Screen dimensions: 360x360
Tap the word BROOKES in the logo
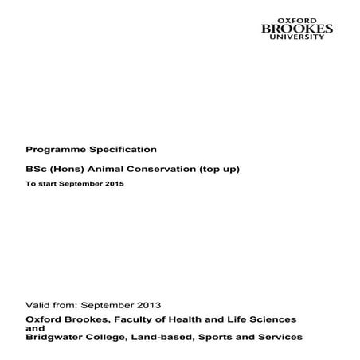tap(298, 30)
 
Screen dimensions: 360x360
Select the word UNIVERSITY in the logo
tap(298, 39)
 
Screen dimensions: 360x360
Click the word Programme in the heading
tap(51, 149)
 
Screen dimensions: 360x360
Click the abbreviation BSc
tap(36, 169)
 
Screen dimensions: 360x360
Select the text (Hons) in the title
tap(64, 169)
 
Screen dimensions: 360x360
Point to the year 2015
tap(114, 184)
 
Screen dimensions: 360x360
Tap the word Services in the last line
tap(278, 337)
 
